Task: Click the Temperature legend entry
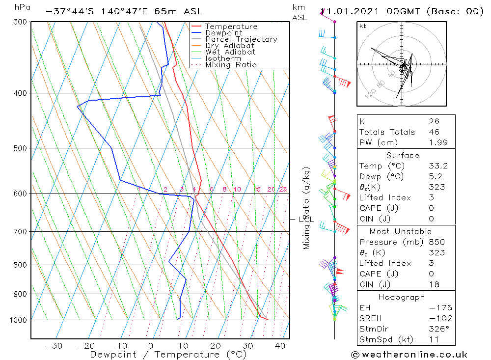(x=231, y=27)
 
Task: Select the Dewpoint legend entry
(x=223, y=33)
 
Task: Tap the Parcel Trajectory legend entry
(x=241, y=39)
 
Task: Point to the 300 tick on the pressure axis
(x=20, y=22)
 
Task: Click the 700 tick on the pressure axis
(x=20, y=231)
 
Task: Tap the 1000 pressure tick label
(x=18, y=320)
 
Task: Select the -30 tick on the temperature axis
(x=54, y=346)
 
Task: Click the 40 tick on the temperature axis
(x=280, y=346)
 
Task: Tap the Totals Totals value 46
(x=434, y=132)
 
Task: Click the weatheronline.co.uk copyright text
(x=409, y=355)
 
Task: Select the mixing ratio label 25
(x=283, y=190)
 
